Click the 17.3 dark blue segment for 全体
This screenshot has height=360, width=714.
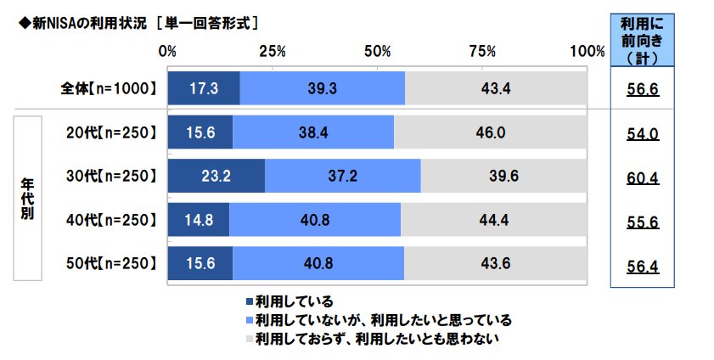click(x=204, y=88)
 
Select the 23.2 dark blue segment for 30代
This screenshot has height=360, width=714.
click(x=216, y=177)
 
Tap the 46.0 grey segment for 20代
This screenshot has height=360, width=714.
click(x=490, y=132)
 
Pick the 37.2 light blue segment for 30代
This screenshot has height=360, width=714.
click(x=342, y=177)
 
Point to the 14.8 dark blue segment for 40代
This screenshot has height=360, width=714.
click(x=199, y=220)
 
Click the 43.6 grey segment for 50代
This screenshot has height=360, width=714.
click(x=495, y=263)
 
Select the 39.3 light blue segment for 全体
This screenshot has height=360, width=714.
click(x=323, y=88)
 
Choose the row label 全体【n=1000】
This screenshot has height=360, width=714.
click(x=109, y=88)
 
